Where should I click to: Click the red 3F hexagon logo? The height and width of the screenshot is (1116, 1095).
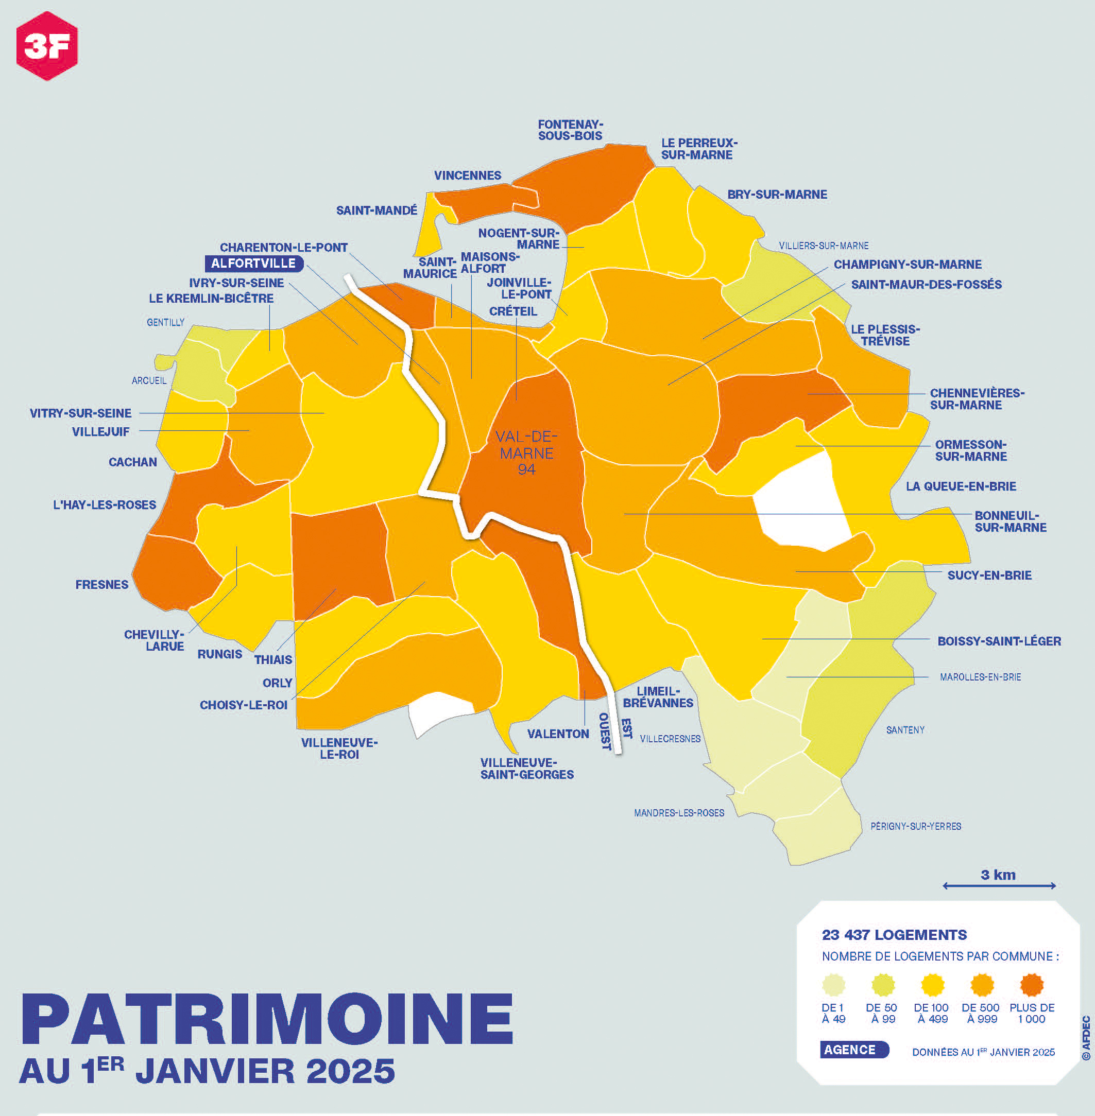(x=46, y=46)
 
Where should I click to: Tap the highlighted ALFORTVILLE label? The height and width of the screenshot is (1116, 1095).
(x=253, y=264)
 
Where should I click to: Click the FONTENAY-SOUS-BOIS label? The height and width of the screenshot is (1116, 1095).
(x=570, y=130)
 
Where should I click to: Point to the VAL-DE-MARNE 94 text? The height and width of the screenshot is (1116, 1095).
(x=526, y=453)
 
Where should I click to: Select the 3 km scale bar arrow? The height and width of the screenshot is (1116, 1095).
(x=999, y=885)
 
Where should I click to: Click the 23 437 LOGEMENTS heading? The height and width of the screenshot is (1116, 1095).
(x=894, y=935)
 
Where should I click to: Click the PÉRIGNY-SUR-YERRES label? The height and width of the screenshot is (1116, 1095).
(x=916, y=826)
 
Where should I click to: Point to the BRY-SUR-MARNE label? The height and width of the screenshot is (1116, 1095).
(x=777, y=195)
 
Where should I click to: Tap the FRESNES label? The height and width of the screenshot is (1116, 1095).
(x=102, y=585)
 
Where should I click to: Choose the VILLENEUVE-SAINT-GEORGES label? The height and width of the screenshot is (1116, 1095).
(x=527, y=769)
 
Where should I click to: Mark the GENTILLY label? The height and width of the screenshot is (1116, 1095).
(x=166, y=322)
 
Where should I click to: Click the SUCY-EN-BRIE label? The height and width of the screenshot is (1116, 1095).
(x=989, y=575)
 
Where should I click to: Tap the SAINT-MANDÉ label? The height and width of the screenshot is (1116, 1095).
(x=377, y=211)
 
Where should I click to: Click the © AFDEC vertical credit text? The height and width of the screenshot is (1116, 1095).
(x=1086, y=1038)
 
